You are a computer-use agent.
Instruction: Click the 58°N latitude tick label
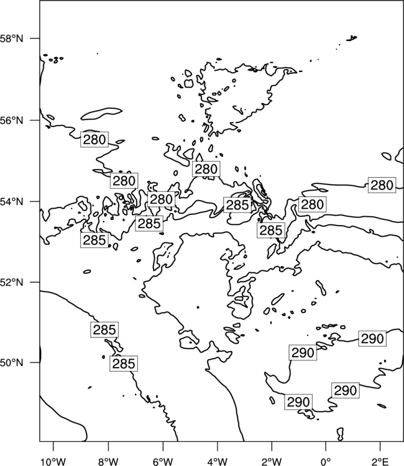click(12, 39)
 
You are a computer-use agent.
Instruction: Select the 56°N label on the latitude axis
click(12, 121)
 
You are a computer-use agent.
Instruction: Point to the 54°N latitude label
click(12, 201)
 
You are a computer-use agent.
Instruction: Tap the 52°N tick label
click(12, 282)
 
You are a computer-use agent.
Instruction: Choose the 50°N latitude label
click(12, 363)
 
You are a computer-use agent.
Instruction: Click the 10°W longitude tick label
click(53, 462)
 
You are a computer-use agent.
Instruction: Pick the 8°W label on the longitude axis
click(108, 462)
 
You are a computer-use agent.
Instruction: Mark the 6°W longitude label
click(163, 462)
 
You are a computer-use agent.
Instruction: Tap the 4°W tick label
click(218, 462)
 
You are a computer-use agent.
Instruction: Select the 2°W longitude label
click(272, 462)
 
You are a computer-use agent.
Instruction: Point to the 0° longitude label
click(326, 462)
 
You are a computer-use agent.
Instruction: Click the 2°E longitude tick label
click(380, 462)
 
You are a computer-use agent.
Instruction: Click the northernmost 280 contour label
click(94, 139)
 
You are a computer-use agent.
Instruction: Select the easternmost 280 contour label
click(382, 185)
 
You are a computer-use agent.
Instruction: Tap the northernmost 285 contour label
click(237, 205)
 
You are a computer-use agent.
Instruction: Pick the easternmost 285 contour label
click(271, 230)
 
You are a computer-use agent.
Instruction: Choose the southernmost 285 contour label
click(124, 363)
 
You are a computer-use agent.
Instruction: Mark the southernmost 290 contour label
click(298, 402)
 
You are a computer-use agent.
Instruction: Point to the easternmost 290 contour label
click(372, 339)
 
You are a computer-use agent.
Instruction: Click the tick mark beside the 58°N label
click(34, 39)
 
